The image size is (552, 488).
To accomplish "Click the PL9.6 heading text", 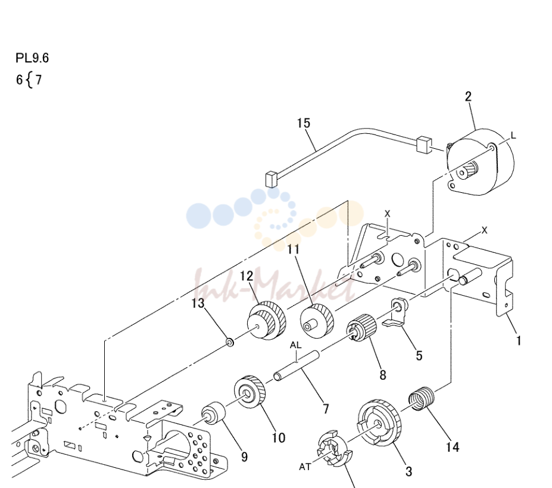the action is [32, 58].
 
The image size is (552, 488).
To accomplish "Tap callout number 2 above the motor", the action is [468, 96].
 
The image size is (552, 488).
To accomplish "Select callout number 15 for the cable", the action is [304, 123].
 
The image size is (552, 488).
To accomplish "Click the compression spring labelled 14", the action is [422, 398].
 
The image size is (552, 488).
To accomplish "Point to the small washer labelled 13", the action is [229, 342].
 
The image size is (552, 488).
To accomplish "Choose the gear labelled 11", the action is [316, 321].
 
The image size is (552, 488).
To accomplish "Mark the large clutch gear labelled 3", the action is [379, 423].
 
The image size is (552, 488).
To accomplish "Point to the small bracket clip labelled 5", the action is [397, 313].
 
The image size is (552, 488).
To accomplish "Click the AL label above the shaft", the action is [296, 346].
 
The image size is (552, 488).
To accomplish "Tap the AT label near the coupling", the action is [305, 467].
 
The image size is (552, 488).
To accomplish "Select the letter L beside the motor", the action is [513, 136].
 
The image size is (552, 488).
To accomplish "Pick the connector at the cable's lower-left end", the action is [272, 179].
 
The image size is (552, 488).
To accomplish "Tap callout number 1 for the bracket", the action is [518, 340].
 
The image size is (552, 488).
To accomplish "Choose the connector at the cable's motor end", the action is [424, 144].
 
